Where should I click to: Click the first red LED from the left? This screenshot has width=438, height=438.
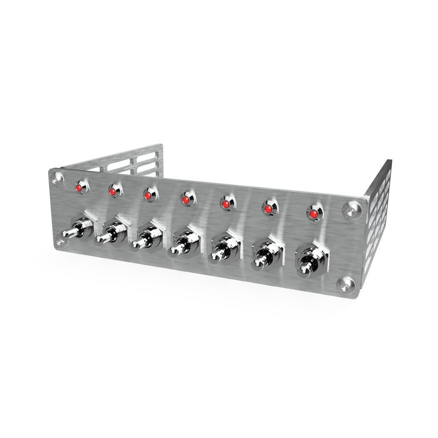79,187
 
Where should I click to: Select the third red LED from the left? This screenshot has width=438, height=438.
148,195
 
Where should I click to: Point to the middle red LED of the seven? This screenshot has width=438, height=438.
185,199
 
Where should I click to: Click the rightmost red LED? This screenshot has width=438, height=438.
314,213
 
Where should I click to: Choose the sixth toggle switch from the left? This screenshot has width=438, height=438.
264,257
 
